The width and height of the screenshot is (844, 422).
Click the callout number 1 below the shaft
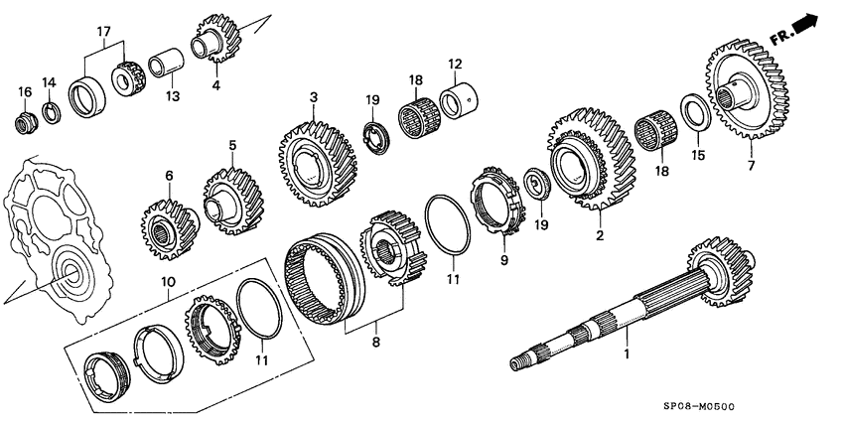pyautogui.click(x=627, y=352)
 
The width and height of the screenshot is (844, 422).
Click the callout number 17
pyautogui.click(x=104, y=32)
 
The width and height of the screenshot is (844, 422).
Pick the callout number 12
pyautogui.click(x=454, y=65)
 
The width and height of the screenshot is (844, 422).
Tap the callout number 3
pyautogui.click(x=313, y=97)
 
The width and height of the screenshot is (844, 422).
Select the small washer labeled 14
pyautogui.click(x=51, y=109)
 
